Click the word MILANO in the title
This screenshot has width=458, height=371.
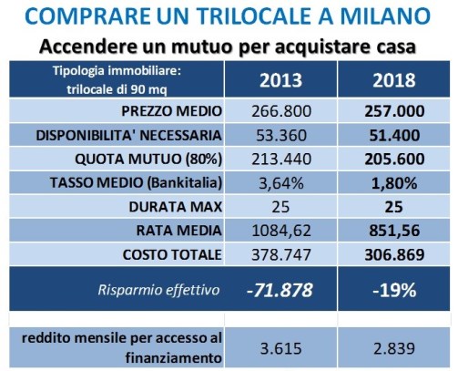point(385,16)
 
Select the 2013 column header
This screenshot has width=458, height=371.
point(280,80)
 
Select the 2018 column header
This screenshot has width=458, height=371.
point(394,80)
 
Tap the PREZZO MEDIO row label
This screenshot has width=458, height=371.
point(171,111)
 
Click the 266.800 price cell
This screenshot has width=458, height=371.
point(281,111)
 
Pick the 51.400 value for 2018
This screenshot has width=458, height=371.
point(394,135)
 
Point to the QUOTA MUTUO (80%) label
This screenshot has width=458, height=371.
point(148,160)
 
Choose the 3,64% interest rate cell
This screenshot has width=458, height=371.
point(281,183)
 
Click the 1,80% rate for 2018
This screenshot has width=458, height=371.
point(394,183)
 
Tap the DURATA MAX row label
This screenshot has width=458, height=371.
point(176,207)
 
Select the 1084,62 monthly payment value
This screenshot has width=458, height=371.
point(281,231)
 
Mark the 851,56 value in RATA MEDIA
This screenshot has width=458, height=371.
point(394,231)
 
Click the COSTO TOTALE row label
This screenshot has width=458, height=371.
point(172,254)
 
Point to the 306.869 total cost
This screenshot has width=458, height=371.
point(394,254)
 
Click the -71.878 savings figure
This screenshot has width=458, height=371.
point(280,290)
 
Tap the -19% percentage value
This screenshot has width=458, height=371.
point(394,290)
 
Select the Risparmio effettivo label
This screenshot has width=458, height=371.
point(158,290)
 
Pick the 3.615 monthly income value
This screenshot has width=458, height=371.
point(281,348)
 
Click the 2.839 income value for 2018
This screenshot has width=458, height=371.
point(394,348)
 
